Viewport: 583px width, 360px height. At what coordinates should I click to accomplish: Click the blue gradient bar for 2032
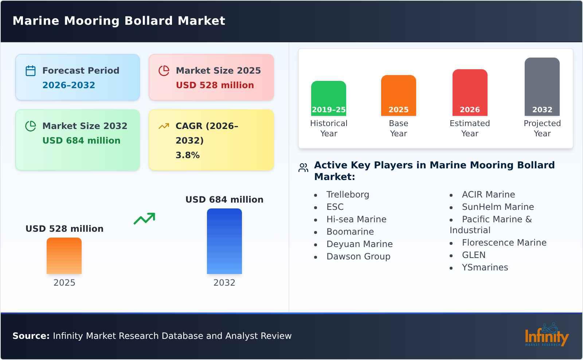(224, 241)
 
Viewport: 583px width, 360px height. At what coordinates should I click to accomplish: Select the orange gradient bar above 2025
(64, 255)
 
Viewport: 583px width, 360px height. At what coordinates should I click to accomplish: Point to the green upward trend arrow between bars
(144, 219)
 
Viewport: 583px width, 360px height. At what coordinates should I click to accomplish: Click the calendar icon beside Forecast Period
(31, 71)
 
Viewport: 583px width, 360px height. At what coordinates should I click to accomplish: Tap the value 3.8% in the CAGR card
(187, 155)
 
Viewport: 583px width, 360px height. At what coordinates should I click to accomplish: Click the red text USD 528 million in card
(215, 85)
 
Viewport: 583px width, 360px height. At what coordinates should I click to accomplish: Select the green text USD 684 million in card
(81, 141)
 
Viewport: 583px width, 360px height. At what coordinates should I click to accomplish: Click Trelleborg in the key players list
(348, 195)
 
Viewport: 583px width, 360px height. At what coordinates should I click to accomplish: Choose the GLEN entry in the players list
(473, 255)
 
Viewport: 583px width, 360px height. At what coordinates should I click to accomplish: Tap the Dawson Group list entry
(358, 257)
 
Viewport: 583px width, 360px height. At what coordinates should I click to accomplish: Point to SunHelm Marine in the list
(498, 207)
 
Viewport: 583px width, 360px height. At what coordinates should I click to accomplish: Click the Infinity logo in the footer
(546, 335)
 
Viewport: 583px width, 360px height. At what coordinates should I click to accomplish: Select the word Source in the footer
(31, 336)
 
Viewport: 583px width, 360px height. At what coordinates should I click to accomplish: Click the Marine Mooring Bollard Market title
(119, 21)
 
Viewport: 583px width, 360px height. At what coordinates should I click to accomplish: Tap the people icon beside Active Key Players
(303, 168)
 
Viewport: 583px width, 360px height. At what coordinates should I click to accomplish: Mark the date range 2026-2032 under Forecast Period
(69, 85)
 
